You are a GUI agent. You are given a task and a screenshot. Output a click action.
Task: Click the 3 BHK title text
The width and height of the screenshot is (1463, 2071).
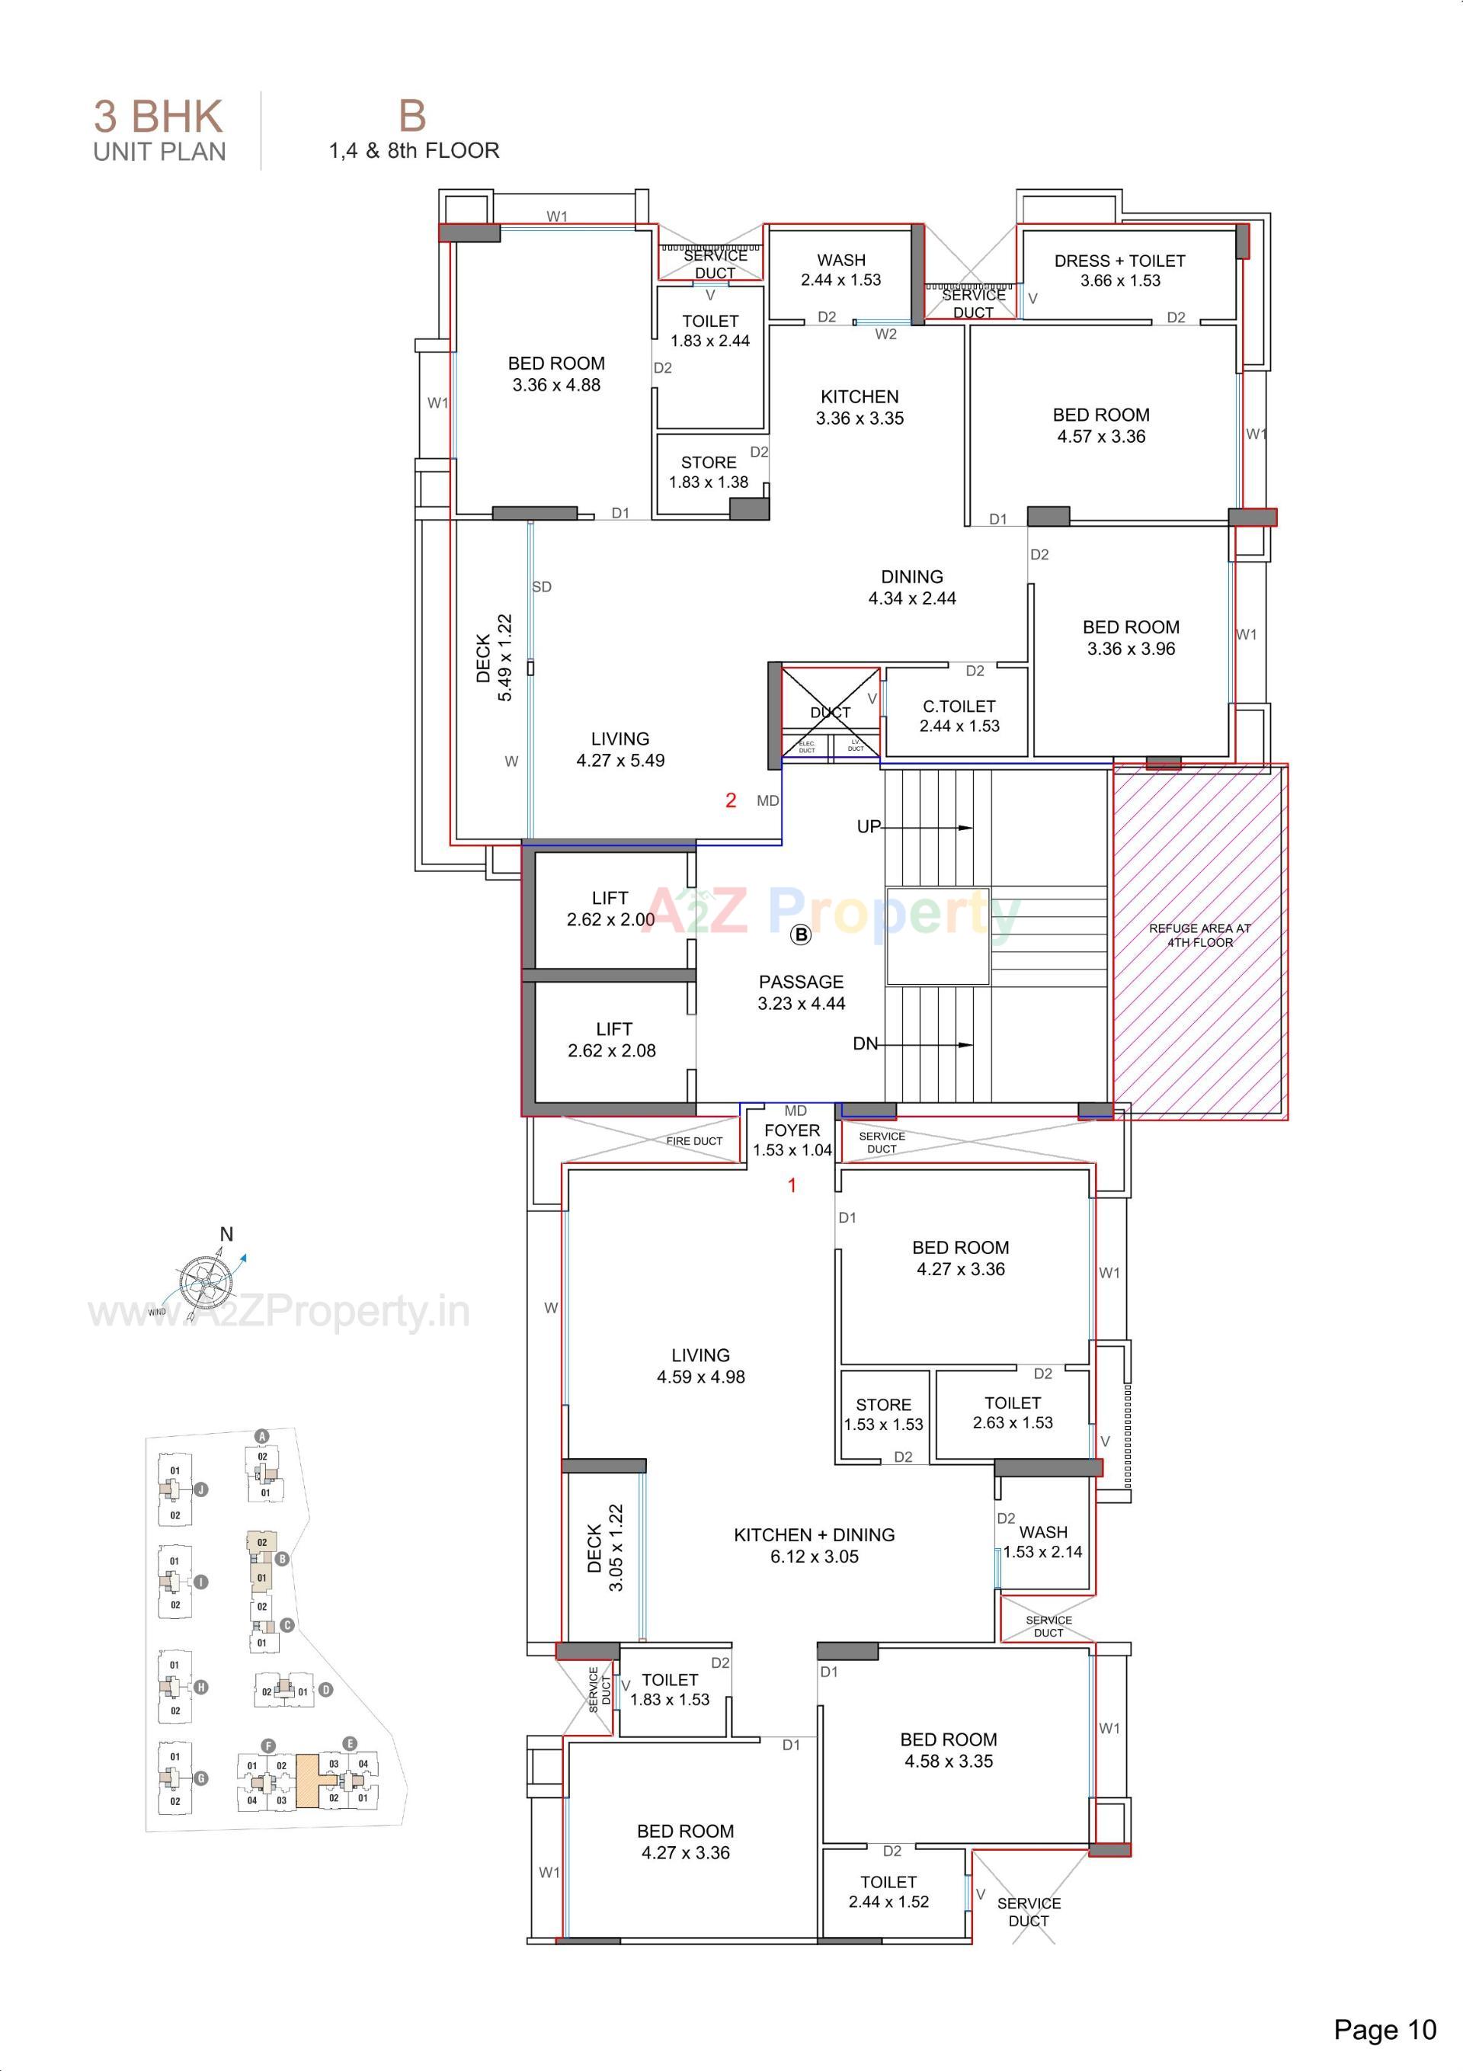[x=158, y=117]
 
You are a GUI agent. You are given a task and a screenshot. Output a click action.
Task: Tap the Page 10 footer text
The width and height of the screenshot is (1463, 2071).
[x=1385, y=2030]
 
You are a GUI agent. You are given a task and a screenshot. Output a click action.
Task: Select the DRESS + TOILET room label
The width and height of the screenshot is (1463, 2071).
[x=1119, y=270]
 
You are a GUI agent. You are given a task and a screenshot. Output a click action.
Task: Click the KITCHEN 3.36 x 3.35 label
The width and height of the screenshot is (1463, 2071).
[x=860, y=407]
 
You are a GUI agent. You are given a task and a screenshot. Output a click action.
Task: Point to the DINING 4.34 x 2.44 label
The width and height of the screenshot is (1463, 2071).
[x=912, y=587]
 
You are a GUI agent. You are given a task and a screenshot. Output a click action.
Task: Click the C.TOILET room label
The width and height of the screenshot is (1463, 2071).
[x=959, y=717]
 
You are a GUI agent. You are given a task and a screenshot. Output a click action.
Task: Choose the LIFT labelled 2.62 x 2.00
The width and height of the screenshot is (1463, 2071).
[x=610, y=909]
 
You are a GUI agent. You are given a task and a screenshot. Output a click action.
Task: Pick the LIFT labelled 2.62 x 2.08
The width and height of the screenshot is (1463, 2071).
[x=613, y=1039]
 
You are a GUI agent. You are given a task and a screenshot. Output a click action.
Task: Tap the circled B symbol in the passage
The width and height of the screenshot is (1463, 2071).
[x=801, y=935]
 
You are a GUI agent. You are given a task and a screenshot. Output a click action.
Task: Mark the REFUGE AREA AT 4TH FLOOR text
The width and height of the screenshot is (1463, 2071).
[x=1199, y=935]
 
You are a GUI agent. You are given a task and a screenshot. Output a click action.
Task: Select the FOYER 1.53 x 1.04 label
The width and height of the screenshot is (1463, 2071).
[x=792, y=1140]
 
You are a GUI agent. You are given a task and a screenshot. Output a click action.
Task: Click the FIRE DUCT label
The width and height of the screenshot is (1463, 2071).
[x=694, y=1141]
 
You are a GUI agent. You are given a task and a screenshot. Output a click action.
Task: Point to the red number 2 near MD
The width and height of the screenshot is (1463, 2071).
[x=731, y=800]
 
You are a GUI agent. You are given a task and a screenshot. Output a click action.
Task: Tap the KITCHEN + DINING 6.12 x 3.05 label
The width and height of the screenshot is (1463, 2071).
[x=815, y=1545]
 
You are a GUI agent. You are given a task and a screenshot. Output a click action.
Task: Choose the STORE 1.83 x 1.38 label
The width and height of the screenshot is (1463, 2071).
[x=708, y=472]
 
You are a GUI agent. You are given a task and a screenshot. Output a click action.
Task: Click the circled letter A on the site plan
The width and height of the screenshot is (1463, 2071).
[x=261, y=1436]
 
